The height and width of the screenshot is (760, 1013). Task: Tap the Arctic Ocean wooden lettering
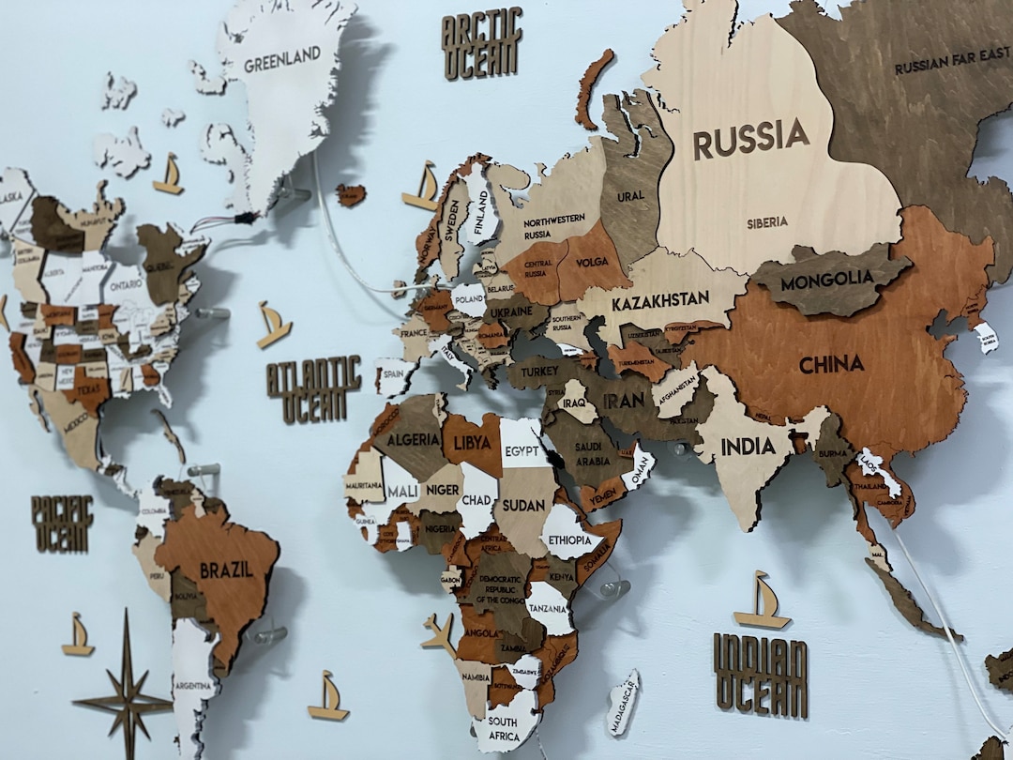point(480,45)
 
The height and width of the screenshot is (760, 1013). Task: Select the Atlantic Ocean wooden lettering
point(313,388)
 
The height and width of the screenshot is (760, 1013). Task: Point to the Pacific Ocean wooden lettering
point(62,523)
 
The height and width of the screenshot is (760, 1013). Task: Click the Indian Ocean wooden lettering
point(760,675)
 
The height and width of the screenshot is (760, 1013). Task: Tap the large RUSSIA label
point(750,139)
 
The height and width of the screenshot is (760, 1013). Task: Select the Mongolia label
point(826,281)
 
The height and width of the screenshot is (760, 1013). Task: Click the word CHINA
point(831,364)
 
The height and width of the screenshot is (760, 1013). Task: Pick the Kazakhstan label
point(660,302)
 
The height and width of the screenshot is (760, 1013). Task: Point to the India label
point(748,447)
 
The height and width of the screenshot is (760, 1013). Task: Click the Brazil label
point(226,570)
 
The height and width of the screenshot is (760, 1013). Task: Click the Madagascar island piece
point(622,703)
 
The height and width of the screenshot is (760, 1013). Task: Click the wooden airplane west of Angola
point(439,633)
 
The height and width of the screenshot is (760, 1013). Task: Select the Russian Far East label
point(951,67)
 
